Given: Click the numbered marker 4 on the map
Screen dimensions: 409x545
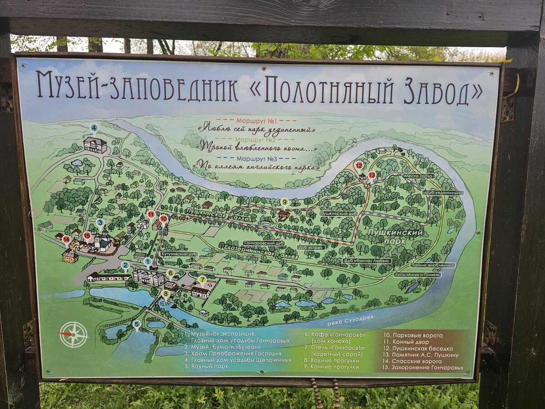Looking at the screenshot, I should pyautogui.click(x=94, y=128).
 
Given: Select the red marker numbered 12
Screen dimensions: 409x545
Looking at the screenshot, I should pyautogui.click(x=359, y=165).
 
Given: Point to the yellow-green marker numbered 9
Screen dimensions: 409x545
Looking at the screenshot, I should pyautogui.click(x=285, y=202).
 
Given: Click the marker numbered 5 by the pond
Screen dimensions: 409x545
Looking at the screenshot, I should pyautogui.click(x=137, y=324).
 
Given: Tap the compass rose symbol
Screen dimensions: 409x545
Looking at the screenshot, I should pyautogui.click(x=74, y=334).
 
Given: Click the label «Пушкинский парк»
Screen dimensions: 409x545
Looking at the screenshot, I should pyautogui.click(x=394, y=236).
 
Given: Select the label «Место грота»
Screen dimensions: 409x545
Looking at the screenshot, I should pyautogui.click(x=418, y=176).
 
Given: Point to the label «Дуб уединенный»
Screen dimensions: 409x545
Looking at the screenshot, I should pyautogui.click(x=443, y=193).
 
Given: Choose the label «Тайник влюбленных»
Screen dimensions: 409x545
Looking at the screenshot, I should pyautogui.click(x=433, y=265).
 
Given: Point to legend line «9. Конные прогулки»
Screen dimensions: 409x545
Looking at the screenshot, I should pyautogui.click(x=333, y=367).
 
